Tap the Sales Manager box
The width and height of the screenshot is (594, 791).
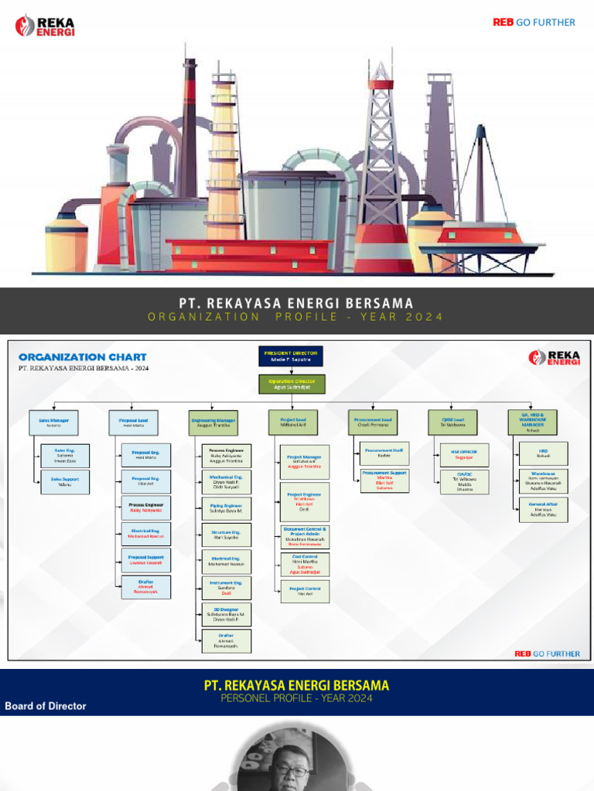[53, 423]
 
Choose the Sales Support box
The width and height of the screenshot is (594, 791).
[65, 482]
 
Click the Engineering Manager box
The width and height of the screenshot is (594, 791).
[214, 423]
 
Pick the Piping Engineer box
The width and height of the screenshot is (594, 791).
[226, 508]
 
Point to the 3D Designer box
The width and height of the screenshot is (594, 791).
[226, 614]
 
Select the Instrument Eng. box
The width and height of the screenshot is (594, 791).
[226, 587]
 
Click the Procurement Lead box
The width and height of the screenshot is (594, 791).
[374, 423]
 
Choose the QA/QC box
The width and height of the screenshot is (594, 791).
[464, 481]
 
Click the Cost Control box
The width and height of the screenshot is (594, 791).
[305, 562]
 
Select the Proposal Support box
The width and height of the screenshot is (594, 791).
[145, 559]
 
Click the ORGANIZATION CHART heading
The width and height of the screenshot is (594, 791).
[83, 357]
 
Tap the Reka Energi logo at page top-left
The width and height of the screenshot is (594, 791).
[45, 25]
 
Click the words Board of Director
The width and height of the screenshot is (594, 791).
[46, 706]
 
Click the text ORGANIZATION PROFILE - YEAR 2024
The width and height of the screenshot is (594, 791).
[297, 317]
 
